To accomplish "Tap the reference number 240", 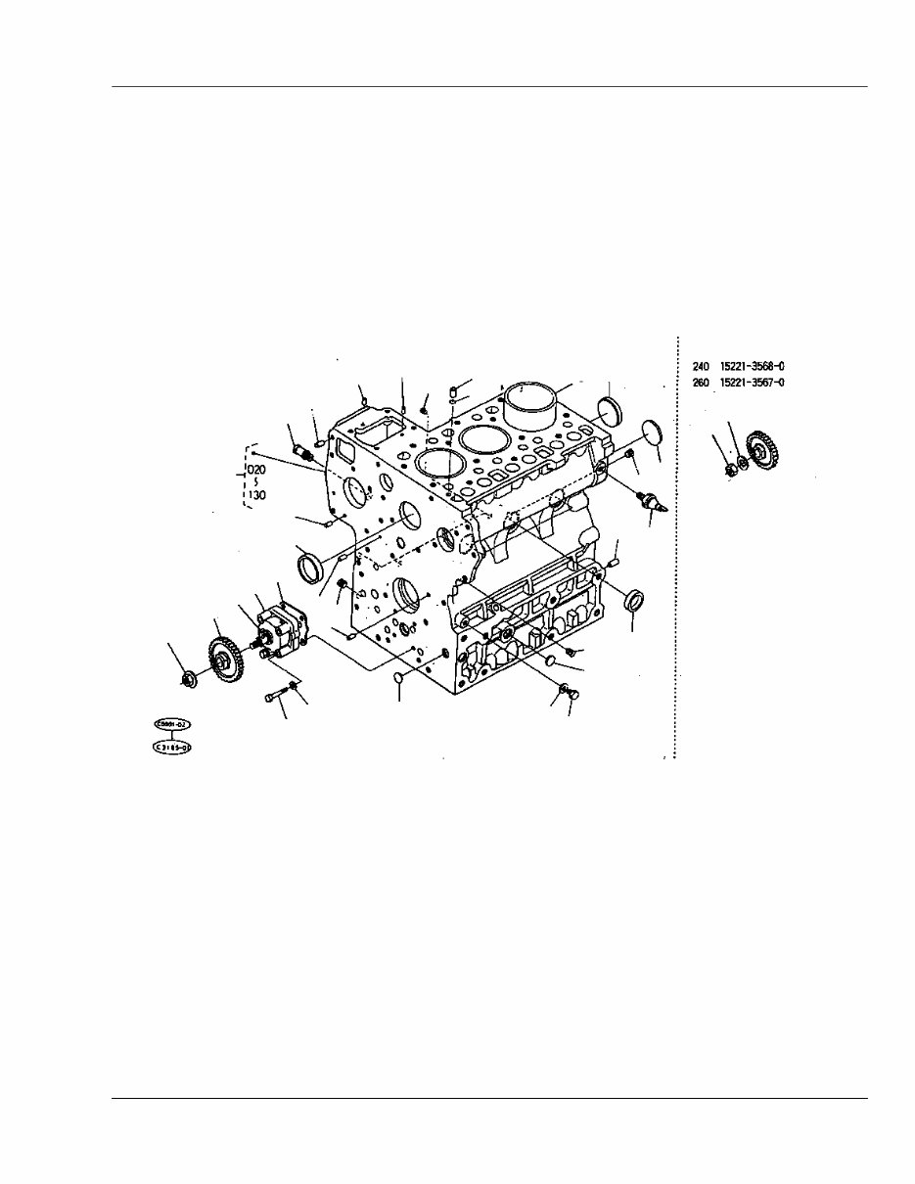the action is pyautogui.click(x=701, y=366).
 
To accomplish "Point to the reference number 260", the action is pyautogui.click(x=701, y=383).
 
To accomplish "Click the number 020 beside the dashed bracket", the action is pyautogui.click(x=256, y=469).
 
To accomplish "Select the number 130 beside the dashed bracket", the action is pyautogui.click(x=256, y=495).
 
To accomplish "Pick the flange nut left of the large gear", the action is pyautogui.click(x=189, y=677).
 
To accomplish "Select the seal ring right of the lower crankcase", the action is pyautogui.click(x=634, y=599).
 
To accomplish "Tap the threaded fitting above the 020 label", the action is pyautogui.click(x=303, y=453).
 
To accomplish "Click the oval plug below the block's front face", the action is pyautogui.click(x=399, y=678).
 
